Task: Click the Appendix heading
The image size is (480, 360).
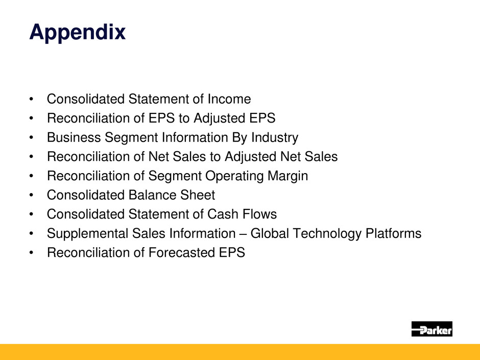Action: click(x=78, y=33)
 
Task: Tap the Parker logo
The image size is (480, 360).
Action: click(x=431, y=329)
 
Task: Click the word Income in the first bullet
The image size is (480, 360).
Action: click(x=229, y=99)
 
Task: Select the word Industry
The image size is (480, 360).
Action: click(x=275, y=138)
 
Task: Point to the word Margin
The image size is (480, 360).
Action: click(x=288, y=176)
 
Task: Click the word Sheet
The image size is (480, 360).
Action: click(x=198, y=195)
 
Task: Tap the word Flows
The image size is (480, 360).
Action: click(x=259, y=214)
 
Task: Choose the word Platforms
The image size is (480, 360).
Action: click(x=393, y=233)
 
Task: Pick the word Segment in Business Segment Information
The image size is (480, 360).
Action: click(x=131, y=138)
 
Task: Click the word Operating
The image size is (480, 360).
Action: click(x=234, y=176)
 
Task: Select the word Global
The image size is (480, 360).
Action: click(x=270, y=233)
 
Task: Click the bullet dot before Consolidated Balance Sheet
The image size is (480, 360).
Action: click(x=31, y=195)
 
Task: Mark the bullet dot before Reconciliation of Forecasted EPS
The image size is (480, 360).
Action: click(x=31, y=253)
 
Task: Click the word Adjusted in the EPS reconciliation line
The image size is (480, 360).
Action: click(x=220, y=118)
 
